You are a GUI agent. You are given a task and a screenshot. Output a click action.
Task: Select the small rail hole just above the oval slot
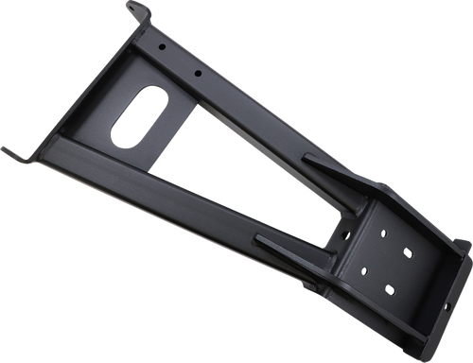(x=196, y=74)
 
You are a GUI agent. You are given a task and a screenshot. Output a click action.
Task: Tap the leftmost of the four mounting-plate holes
(x=363, y=271)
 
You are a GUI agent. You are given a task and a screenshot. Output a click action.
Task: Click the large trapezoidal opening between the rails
(x=251, y=180)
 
